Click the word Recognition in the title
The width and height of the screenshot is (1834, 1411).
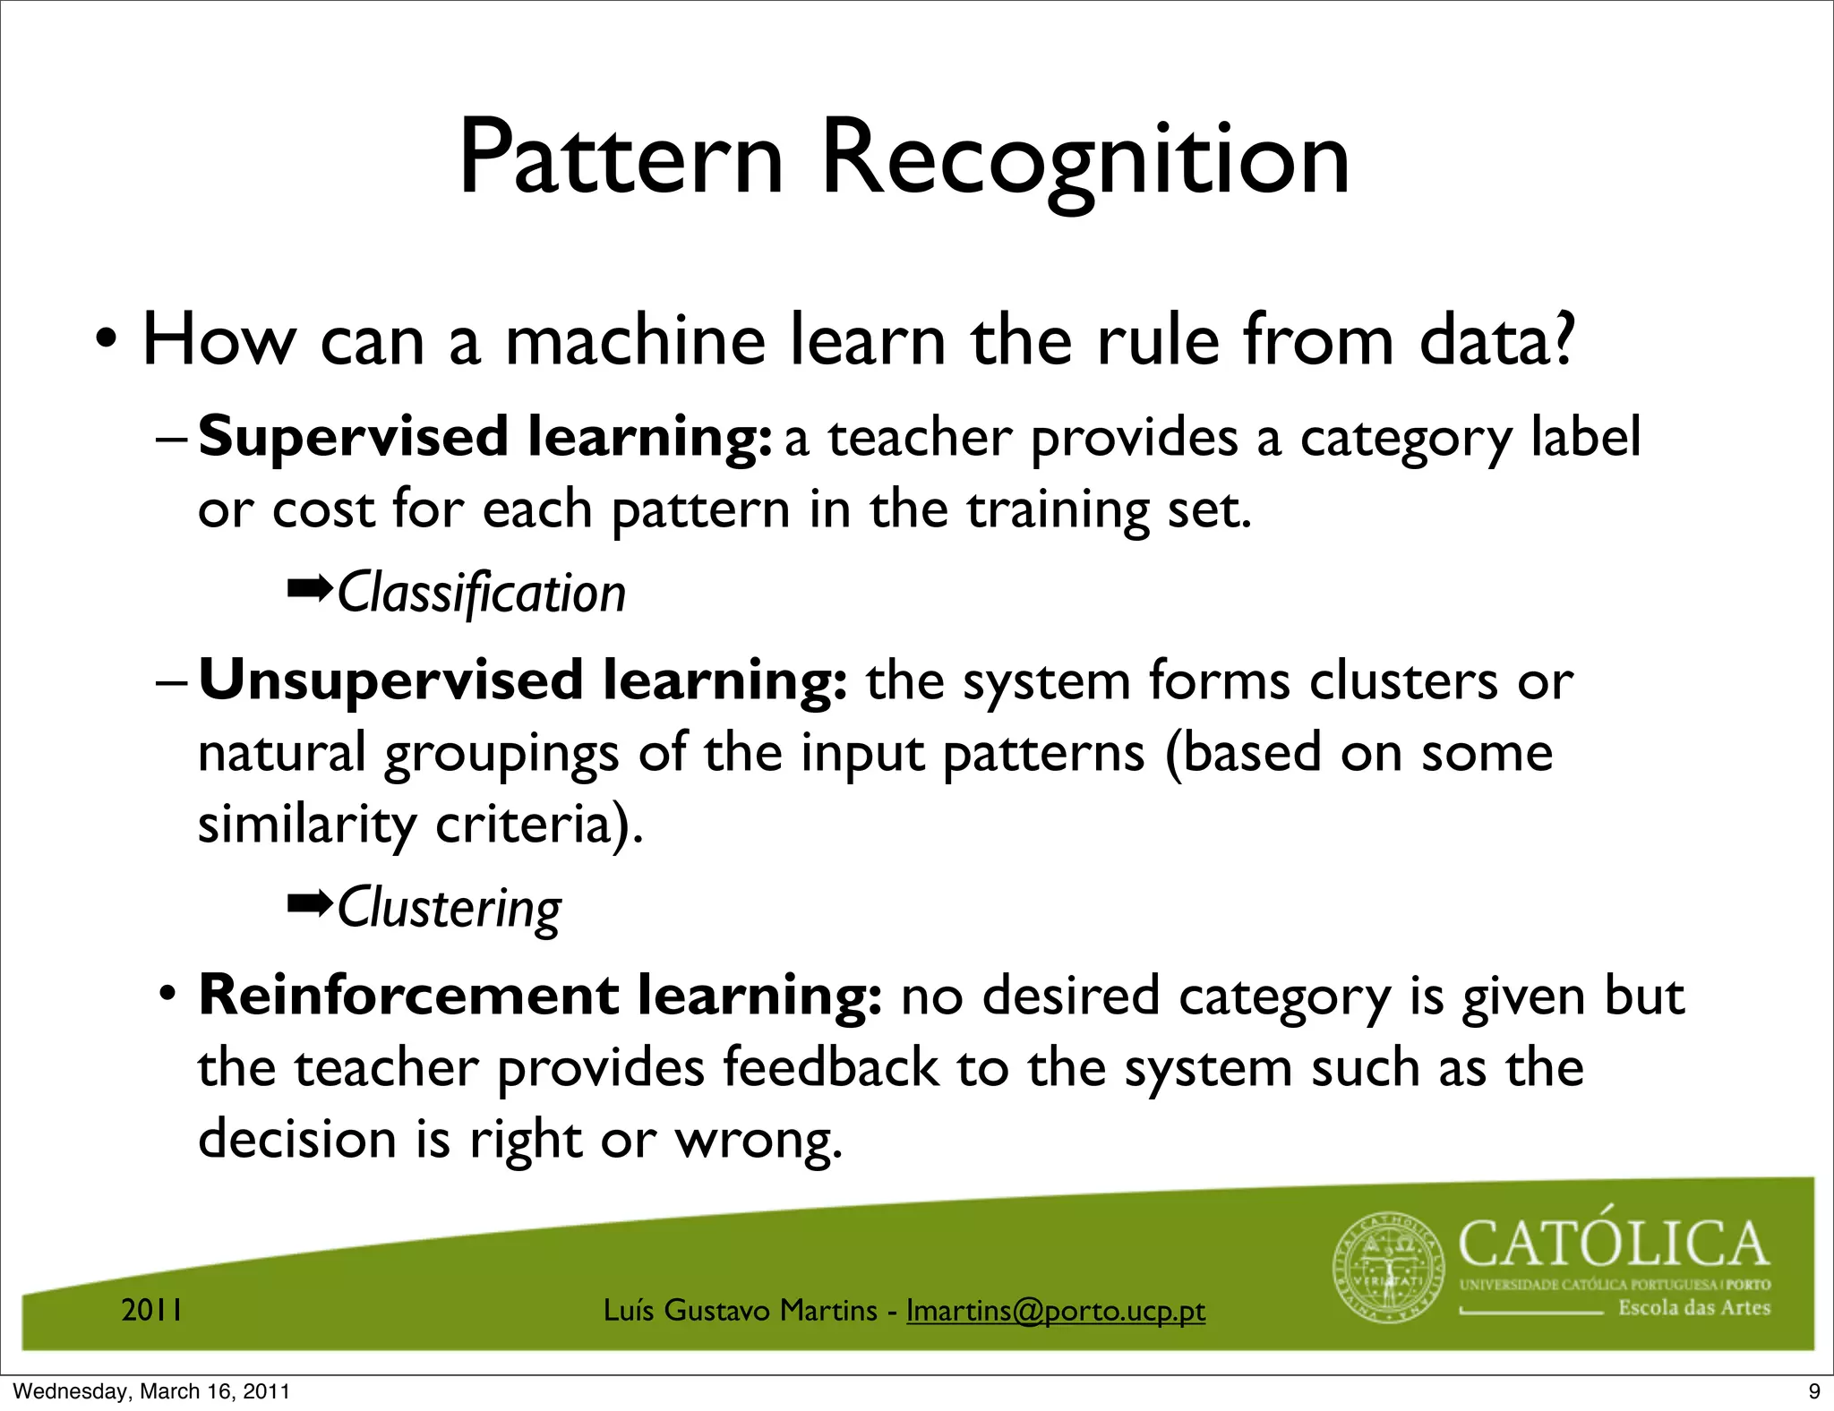point(1084,161)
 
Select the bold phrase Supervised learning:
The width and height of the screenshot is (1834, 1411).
point(484,438)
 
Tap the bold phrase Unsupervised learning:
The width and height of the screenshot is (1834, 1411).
point(523,680)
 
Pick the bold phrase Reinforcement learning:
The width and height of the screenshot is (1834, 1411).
point(540,996)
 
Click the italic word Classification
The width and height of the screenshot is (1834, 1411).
point(481,594)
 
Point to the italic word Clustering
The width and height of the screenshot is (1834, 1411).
point(449,908)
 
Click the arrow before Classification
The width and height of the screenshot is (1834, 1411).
point(309,589)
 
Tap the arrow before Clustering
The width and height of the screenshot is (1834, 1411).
point(309,904)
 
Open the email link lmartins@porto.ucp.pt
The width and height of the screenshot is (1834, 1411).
point(1056,1311)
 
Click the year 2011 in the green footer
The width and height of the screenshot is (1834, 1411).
point(152,1311)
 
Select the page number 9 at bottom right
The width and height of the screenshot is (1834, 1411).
point(1814,1391)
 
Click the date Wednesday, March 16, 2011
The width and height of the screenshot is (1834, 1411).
point(152,1391)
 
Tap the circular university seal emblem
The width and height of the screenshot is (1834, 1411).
point(1389,1270)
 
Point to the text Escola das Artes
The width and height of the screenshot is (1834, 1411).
point(1693,1308)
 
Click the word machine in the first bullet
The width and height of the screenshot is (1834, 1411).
point(635,341)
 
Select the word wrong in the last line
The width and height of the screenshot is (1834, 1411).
point(758,1141)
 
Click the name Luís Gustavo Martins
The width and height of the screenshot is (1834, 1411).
point(740,1311)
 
